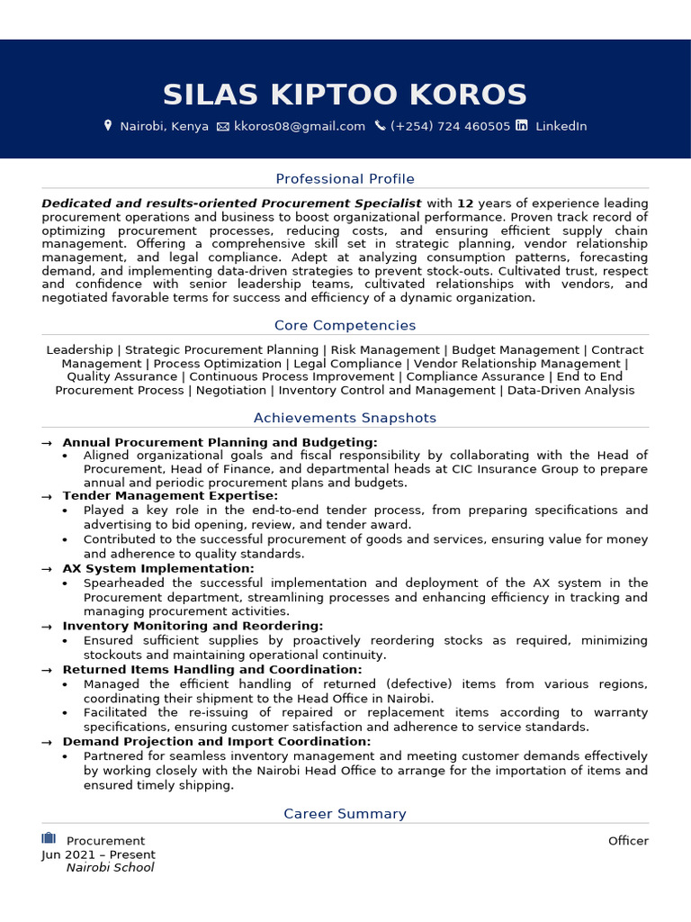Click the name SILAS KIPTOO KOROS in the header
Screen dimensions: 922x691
pyautogui.click(x=345, y=95)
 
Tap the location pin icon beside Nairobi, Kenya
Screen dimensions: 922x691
pyautogui.click(x=109, y=126)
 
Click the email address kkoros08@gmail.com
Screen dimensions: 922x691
pyautogui.click(x=300, y=126)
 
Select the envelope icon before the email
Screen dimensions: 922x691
pyautogui.click(x=223, y=126)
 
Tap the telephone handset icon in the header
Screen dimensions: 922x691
pyautogui.click(x=380, y=126)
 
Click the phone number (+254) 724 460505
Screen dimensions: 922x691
pyautogui.click(x=450, y=126)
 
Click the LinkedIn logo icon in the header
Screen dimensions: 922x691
pyautogui.click(x=522, y=126)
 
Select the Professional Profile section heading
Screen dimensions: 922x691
pyautogui.click(x=345, y=179)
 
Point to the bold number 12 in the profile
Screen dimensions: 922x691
pyautogui.click(x=465, y=203)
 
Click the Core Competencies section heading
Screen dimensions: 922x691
pyautogui.click(x=345, y=325)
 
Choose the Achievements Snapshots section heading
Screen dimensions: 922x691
pyautogui.click(x=345, y=418)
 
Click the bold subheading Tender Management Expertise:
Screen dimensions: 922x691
pyautogui.click(x=170, y=496)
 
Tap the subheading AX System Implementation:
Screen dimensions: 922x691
pyautogui.click(x=158, y=569)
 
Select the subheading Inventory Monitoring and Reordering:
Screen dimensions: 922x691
pyautogui.click(x=193, y=626)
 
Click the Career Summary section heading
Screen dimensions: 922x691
pyautogui.click(x=345, y=814)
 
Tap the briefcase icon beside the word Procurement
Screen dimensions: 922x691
pyautogui.click(x=49, y=839)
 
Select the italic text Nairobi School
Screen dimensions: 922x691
pyautogui.click(x=110, y=868)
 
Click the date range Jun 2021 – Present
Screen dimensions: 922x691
pyautogui.click(x=98, y=854)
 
